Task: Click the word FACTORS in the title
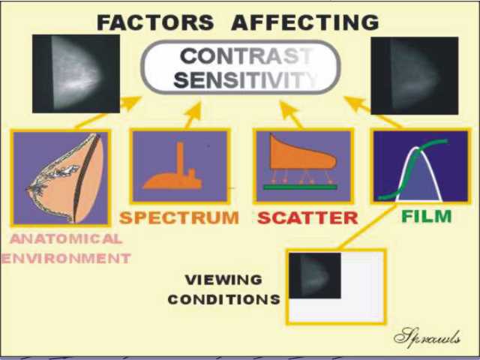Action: point(155,22)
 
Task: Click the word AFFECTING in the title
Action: point(305,22)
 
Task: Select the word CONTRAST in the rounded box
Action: point(247,56)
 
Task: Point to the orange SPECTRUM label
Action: point(179,217)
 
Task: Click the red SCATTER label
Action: point(307,217)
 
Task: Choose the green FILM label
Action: point(427,216)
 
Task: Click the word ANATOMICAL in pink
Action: point(66,239)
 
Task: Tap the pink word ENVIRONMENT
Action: point(66,259)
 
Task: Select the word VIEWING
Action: point(223,280)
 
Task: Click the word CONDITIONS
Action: point(223,299)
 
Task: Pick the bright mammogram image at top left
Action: point(76,73)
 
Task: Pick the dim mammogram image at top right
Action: point(415,76)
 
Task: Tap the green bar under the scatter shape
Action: point(300,187)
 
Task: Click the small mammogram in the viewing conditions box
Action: point(315,275)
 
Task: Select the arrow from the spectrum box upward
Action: point(193,115)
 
